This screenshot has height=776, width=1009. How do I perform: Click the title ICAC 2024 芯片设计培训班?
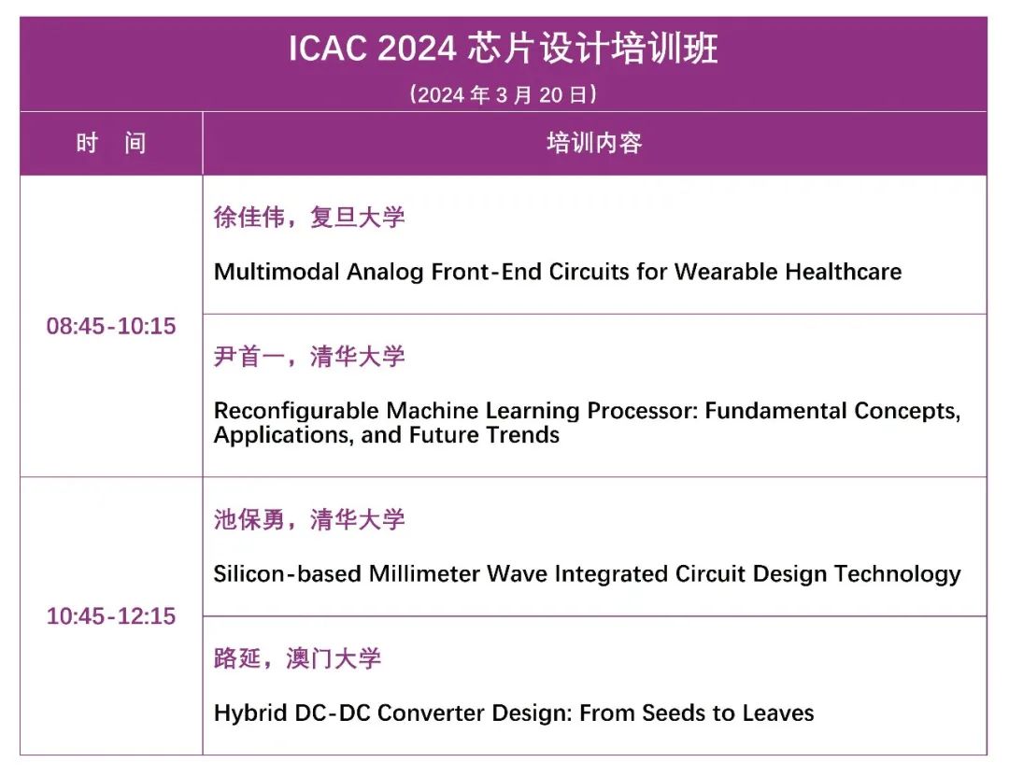pos(503,49)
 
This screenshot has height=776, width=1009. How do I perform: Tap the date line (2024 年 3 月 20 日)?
pos(503,94)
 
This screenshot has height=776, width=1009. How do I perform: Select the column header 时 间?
pos(110,143)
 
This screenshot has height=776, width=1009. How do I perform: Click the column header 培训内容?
pos(594,143)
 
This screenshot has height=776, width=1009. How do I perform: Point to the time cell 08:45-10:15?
pos(110,326)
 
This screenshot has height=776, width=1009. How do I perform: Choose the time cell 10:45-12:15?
pos(110,616)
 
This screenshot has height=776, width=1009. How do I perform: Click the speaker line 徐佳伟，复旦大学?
pos(309,217)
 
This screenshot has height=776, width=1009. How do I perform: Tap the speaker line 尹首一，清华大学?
pos(309,356)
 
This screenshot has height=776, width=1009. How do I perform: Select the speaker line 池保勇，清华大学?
pos(309,519)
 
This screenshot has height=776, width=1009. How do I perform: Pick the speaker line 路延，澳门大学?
pos(297,658)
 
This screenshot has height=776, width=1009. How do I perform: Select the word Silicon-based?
pos(287,573)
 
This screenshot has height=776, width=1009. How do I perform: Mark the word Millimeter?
pos(424,573)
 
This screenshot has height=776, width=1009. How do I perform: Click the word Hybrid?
pos(249,713)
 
